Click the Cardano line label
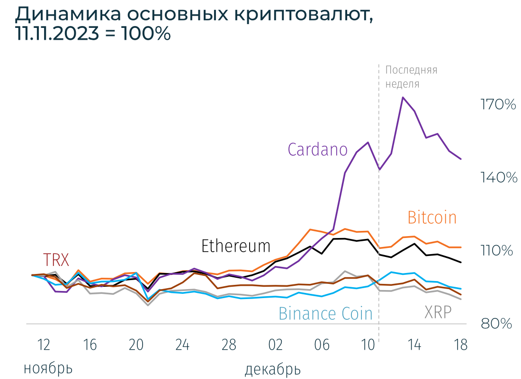point(317,150)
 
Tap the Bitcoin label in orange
point(432,218)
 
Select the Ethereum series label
point(236,246)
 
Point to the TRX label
point(56,260)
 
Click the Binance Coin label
point(325,314)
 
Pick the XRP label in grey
point(438,312)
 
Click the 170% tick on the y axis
point(498,105)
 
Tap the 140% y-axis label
point(498,178)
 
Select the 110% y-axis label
point(497,251)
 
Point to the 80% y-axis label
point(497,324)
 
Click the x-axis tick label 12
point(43,345)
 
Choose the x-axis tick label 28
point(229,345)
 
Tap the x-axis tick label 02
point(275,345)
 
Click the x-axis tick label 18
point(460,345)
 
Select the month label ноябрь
point(48,368)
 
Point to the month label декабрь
point(272,369)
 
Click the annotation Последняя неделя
point(411,77)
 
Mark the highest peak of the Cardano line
point(403,97)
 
